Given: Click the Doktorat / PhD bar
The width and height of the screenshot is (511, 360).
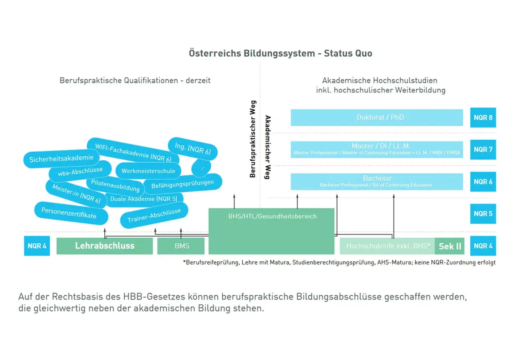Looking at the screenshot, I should coord(376,118).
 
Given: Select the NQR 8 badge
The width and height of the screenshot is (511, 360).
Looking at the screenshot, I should coord(483,118).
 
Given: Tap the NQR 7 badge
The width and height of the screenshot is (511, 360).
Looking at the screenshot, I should coord(483,150).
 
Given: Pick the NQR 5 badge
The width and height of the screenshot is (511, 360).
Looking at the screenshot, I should coord(483,213).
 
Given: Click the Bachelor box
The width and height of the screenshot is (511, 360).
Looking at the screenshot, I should coord(376,181).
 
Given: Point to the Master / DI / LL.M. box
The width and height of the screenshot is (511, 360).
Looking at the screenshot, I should coord(376,149).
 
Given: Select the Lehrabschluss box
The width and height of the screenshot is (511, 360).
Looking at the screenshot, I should coord(104,246).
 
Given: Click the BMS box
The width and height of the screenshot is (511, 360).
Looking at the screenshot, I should coord(181,246).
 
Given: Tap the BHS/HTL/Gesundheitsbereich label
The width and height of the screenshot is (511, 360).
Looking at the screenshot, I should coord(272,216).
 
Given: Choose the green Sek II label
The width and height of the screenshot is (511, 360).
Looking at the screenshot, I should coord(450,246).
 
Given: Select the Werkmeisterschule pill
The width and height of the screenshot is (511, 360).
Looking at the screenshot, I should coord(148,171).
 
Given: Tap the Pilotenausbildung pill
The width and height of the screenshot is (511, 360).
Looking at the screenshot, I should coord(115,185).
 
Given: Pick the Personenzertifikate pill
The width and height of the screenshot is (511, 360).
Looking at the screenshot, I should coord(69,213).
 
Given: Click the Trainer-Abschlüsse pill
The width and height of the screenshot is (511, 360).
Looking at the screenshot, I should coord(154,216).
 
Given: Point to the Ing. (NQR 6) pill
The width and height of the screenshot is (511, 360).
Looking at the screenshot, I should coord(192,148).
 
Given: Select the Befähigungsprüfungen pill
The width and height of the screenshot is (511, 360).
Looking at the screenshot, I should coord(182,184).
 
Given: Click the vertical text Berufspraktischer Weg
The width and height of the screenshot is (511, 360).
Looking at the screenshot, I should coord(253,139).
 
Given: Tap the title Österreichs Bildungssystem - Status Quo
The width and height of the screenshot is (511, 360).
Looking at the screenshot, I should coord(280,54).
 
